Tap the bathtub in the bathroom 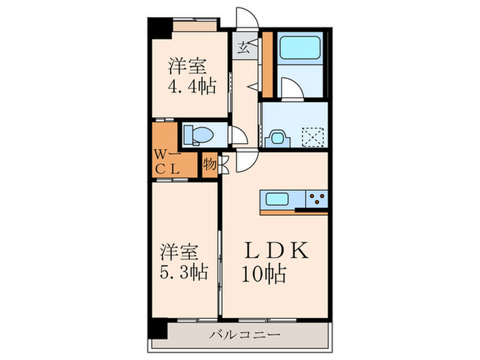(x=300, y=48)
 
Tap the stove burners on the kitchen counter (x=318, y=200)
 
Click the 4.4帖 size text (x=192, y=87)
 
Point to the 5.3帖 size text (x=184, y=272)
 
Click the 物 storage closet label (x=209, y=165)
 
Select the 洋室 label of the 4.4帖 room (x=187, y=67)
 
